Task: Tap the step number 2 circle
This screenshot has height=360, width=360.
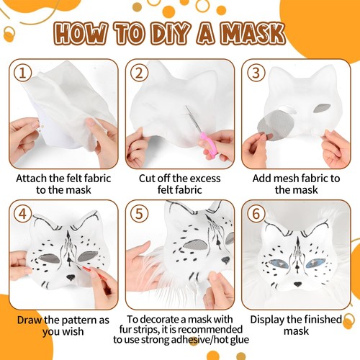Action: point(138,73)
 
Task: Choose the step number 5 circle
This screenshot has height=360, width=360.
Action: point(138,214)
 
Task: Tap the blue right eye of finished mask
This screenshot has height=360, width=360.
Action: point(314,263)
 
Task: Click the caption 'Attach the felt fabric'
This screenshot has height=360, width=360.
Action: point(60,178)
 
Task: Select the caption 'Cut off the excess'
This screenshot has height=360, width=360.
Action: point(180,178)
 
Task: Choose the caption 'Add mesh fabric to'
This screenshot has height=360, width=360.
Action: point(298,178)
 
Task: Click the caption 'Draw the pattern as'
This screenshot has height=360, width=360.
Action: point(60,319)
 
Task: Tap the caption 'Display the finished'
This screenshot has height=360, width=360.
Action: point(298,319)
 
